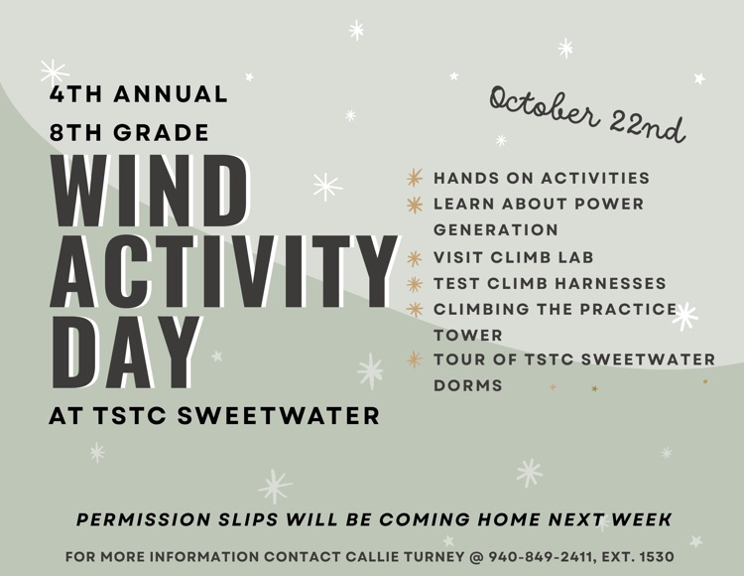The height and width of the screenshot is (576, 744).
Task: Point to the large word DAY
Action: (x=125, y=353)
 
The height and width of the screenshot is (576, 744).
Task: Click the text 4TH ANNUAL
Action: (x=139, y=95)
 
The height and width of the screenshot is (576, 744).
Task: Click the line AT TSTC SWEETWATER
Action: (x=214, y=415)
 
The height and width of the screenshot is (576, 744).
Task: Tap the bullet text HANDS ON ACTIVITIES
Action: (x=542, y=179)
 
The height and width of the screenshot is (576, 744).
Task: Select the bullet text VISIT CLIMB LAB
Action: (x=513, y=257)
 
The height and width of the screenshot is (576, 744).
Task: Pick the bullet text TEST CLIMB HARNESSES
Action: (x=550, y=284)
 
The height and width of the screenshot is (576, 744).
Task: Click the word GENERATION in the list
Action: (x=496, y=230)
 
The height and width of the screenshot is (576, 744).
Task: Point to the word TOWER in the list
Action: (x=468, y=336)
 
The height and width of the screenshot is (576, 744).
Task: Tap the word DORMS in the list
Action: (x=468, y=385)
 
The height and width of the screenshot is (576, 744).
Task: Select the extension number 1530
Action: (x=654, y=557)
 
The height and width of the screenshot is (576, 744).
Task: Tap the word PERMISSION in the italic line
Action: (x=143, y=520)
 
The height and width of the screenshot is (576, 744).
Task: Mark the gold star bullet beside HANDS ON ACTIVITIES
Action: (x=415, y=179)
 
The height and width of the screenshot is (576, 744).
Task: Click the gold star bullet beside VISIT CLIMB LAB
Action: (x=415, y=257)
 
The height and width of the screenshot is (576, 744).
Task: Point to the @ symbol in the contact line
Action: (x=475, y=557)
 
